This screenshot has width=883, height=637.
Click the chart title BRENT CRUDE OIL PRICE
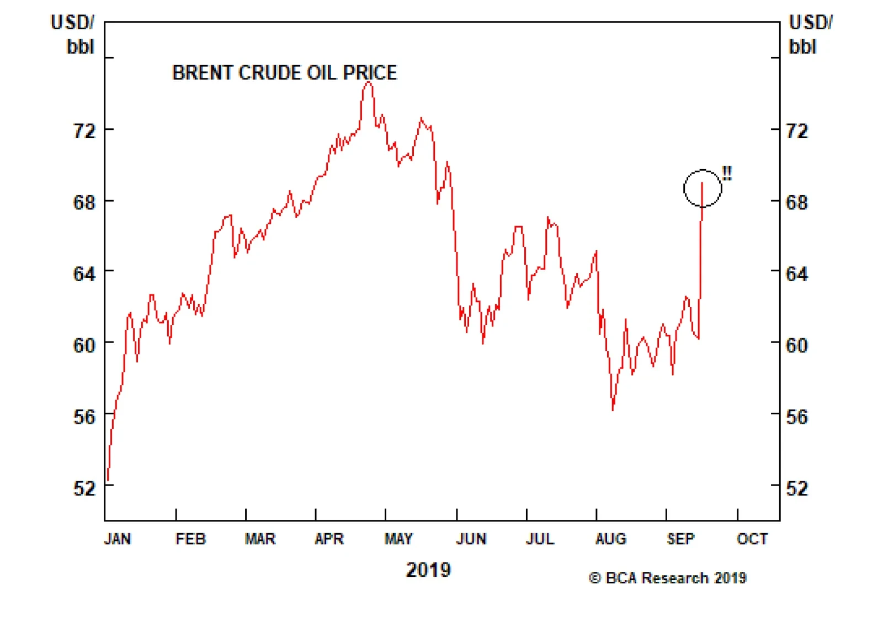point(284,73)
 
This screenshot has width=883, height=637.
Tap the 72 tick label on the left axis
point(84,131)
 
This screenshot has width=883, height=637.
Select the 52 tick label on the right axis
point(796,488)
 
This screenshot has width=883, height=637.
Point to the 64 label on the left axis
point(84,274)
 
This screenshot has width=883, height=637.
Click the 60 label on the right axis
point(796,346)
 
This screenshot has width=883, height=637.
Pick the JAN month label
point(118,539)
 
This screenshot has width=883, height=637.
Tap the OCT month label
point(752,539)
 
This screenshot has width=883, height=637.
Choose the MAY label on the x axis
point(398,539)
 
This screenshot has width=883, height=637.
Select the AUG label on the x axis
point(610,539)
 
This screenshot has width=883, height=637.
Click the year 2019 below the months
point(428,570)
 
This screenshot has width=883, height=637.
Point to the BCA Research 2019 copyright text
point(668,578)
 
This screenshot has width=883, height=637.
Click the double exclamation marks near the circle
point(727,173)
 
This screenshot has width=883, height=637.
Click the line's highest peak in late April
point(369,82)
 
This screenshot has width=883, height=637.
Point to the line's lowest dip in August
point(613,409)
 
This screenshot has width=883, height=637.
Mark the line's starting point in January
point(108,481)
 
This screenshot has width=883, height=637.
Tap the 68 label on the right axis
point(796,203)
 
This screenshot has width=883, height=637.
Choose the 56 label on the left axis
point(84,417)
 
